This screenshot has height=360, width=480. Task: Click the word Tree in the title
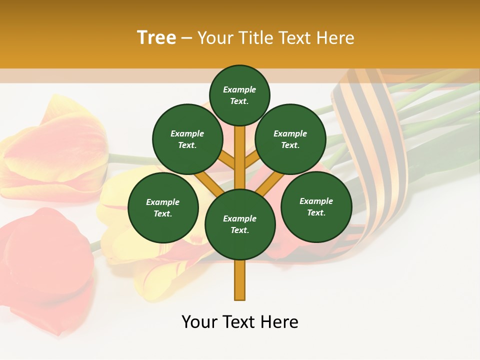click(x=156, y=38)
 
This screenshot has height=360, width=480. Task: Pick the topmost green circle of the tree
click(x=239, y=95)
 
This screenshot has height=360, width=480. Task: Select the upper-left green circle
click(x=187, y=139)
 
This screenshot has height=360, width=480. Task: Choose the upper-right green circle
click(x=290, y=139)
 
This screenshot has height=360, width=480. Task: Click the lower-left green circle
click(x=163, y=207)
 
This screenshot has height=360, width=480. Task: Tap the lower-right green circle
click(x=316, y=206)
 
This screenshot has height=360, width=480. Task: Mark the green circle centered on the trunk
click(x=240, y=224)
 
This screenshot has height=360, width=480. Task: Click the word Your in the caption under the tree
click(x=200, y=322)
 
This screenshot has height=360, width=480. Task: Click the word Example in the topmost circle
click(x=239, y=89)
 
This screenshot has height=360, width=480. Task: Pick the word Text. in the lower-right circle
click(x=316, y=212)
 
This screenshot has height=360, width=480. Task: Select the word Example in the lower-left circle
click(x=162, y=202)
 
